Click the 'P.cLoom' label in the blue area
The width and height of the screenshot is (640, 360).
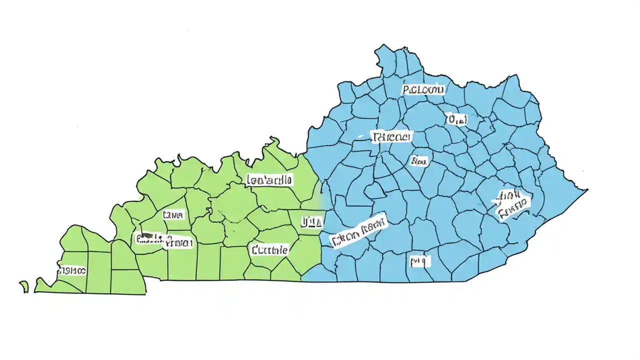pos(423,89)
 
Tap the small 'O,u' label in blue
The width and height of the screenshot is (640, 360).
pos(456,119)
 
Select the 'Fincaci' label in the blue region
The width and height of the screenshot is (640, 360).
pos(391,136)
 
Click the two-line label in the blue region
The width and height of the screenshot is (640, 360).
pos(512,204)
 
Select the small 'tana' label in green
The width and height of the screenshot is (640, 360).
pos(173,215)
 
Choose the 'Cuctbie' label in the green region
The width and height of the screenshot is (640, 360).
pos(269,249)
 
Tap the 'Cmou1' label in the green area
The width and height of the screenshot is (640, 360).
pos(178,243)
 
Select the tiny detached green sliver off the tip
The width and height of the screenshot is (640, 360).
pos(24,286)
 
